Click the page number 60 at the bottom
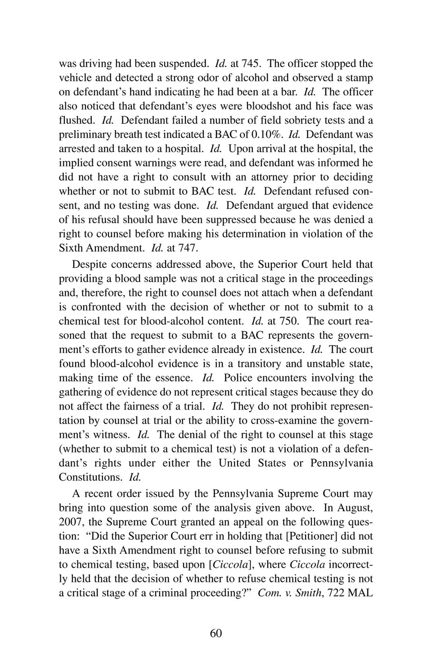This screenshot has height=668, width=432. [x=216, y=633]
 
